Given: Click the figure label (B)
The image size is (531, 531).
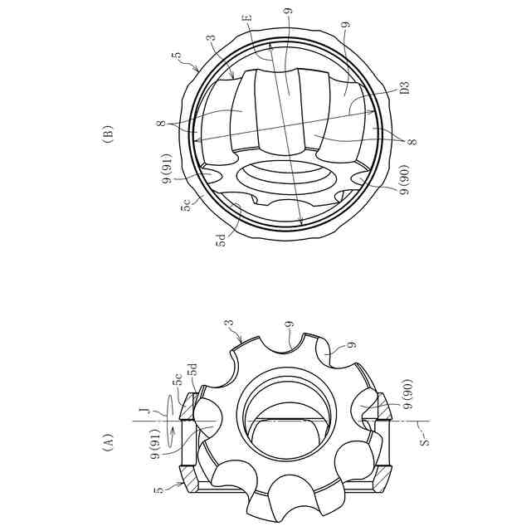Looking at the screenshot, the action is coord(109,134).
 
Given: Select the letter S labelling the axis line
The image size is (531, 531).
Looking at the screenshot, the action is coord(424,441).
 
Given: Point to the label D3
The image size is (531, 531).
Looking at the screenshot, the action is coord(404,87).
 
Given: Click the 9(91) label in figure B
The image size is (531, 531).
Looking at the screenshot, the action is coord(168,168).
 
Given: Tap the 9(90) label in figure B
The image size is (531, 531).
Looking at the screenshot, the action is coord(405,179).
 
